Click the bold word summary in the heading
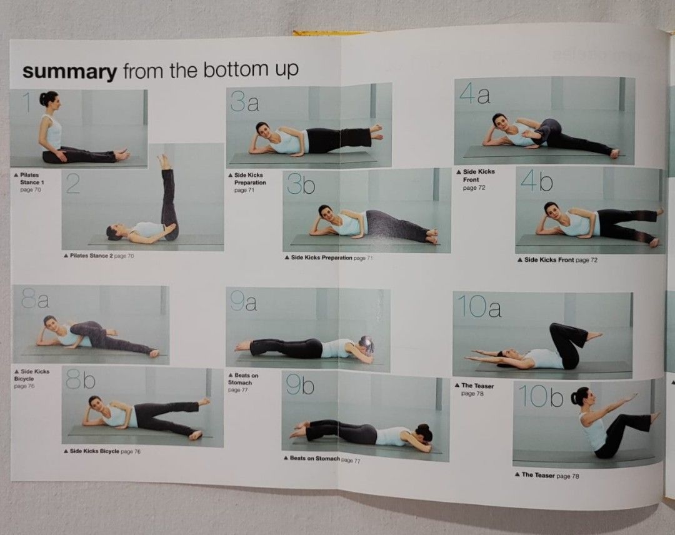coord(69,72)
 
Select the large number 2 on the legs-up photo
coord(73,183)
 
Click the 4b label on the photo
coord(537,181)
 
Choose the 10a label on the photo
coord(479,307)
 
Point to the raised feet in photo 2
coord(164,162)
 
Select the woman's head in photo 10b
coord(581,396)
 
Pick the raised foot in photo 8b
coord(204,401)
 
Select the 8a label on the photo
coord(35,301)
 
